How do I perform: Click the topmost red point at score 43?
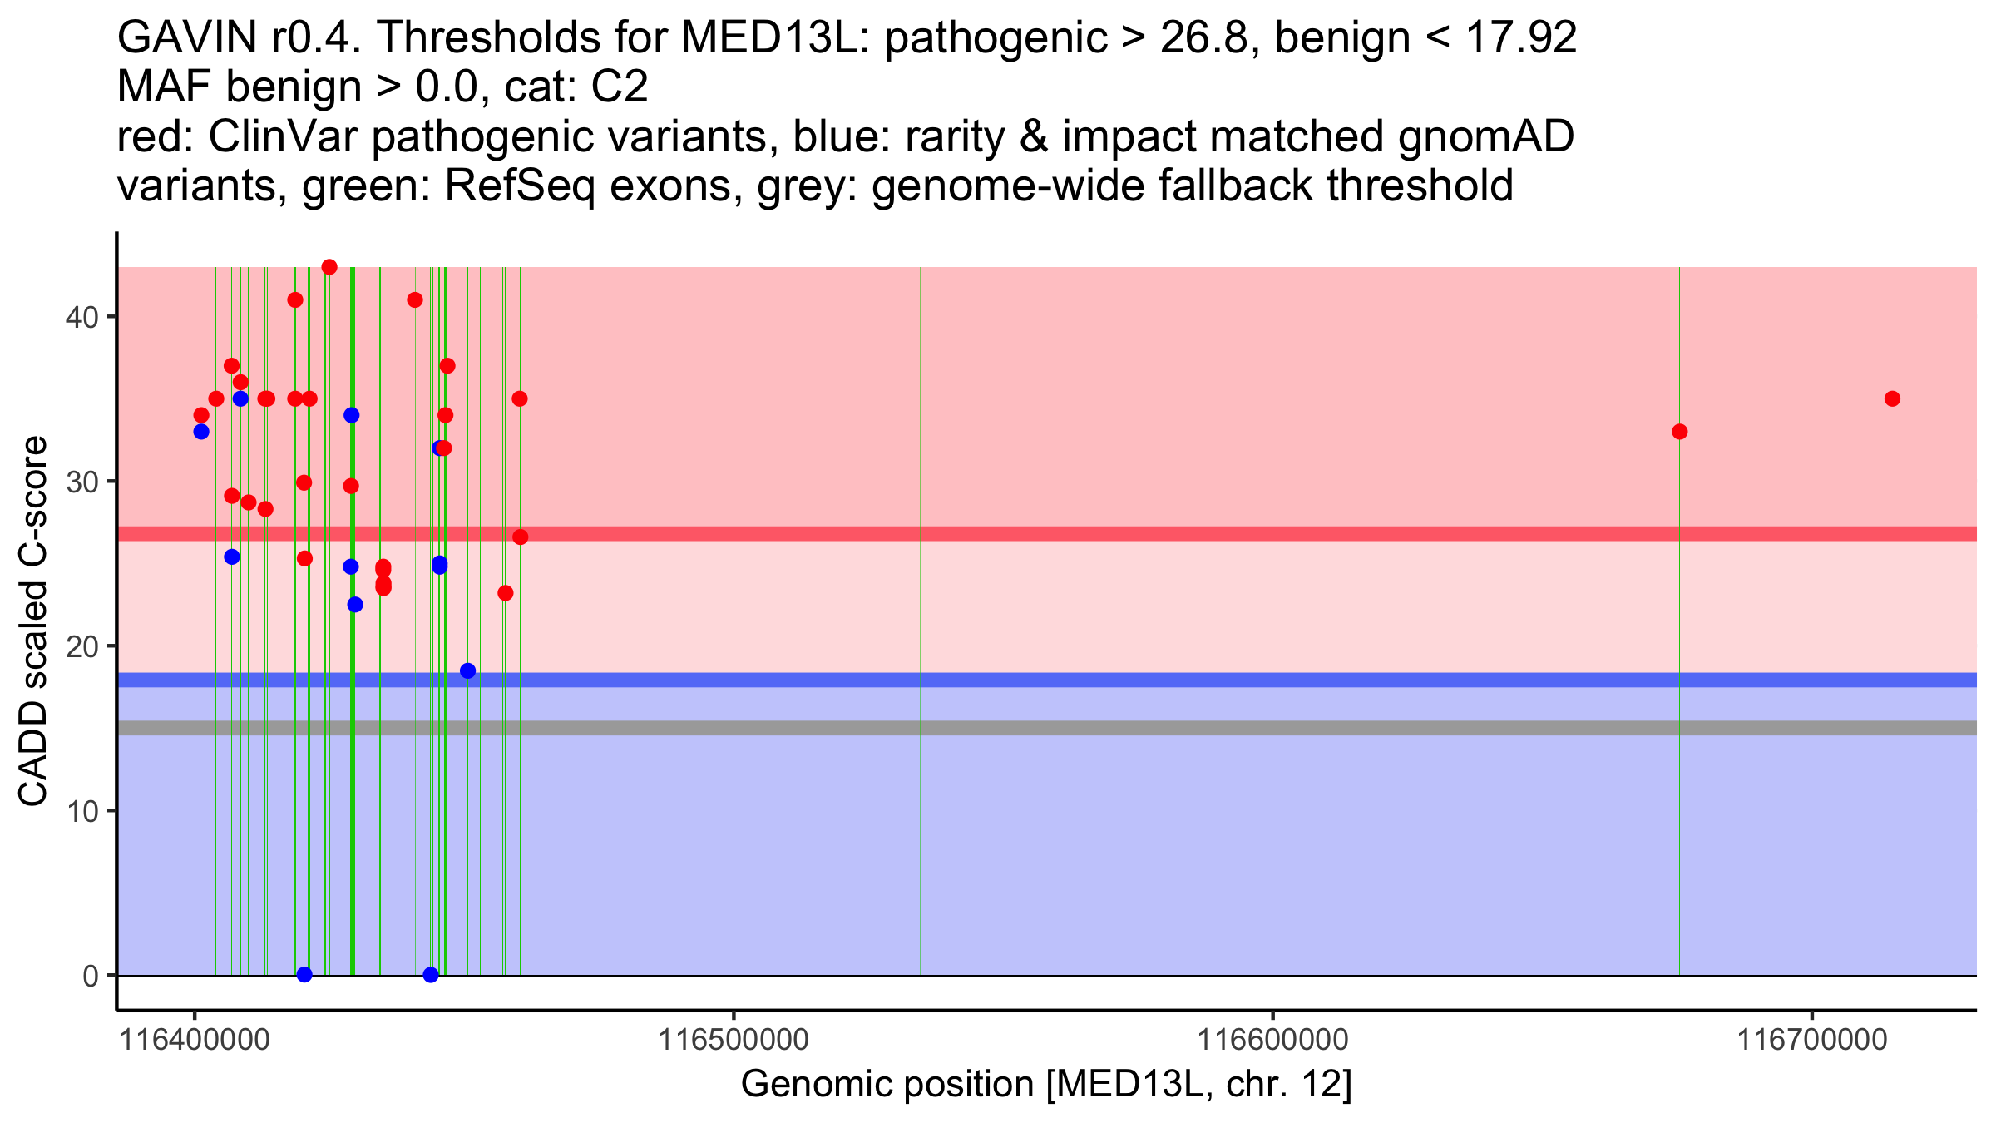(x=329, y=267)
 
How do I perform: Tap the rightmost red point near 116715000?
(x=1892, y=398)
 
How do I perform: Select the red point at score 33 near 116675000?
(x=1679, y=432)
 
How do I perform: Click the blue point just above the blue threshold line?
(x=467, y=670)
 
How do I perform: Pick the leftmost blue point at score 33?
(x=201, y=432)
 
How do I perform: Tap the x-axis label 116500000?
(x=734, y=1040)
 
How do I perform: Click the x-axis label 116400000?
(x=195, y=1040)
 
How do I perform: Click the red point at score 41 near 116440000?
(x=415, y=300)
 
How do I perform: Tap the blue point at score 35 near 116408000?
(x=240, y=398)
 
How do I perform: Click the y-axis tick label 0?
(x=90, y=976)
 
